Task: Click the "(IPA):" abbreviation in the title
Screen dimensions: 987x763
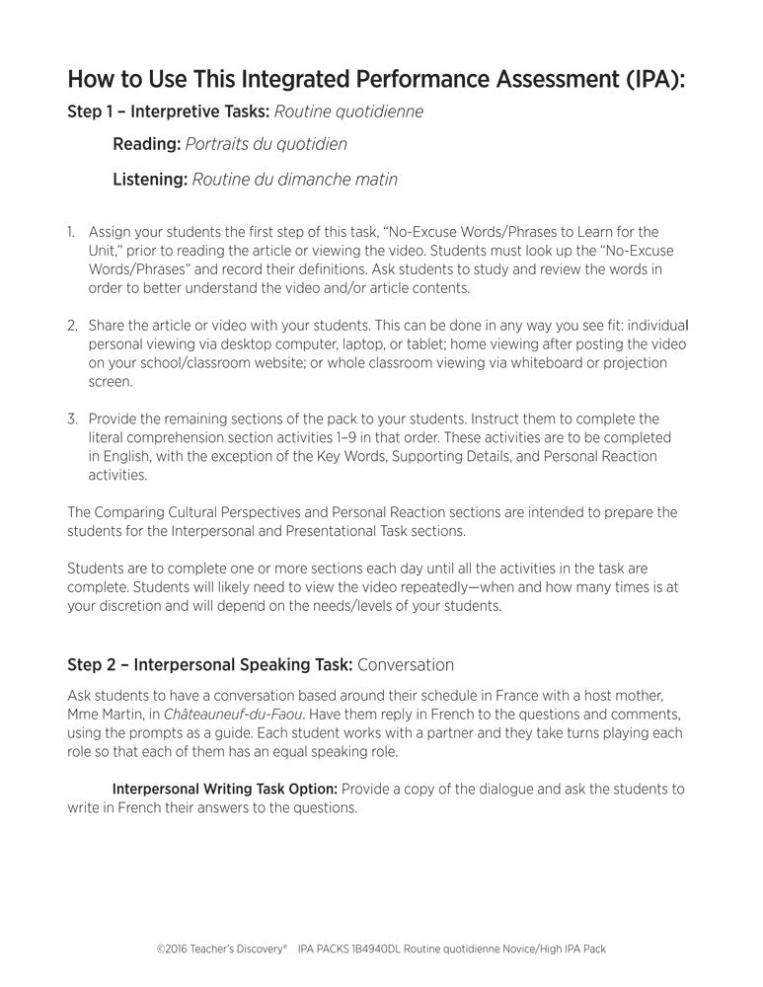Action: click(648, 79)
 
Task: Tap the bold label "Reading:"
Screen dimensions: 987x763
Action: click(146, 144)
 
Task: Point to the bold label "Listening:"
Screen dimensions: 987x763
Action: click(150, 180)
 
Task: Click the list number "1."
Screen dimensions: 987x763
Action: click(72, 232)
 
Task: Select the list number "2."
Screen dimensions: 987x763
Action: click(72, 325)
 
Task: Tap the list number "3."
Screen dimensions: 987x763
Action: click(72, 418)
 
